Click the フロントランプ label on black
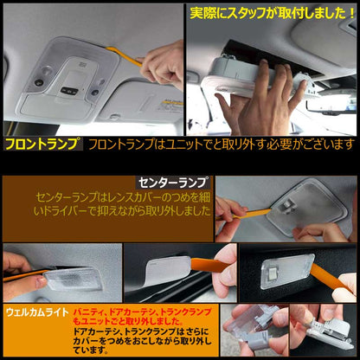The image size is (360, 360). [x=42, y=144]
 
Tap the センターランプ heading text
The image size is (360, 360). [x=173, y=183]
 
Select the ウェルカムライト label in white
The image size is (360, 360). [x=37, y=312]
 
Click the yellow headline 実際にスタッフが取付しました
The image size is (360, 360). [x=272, y=13]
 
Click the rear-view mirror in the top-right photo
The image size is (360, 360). [x=331, y=106]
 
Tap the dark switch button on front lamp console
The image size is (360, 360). [x=69, y=92]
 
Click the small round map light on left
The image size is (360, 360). [x=39, y=82]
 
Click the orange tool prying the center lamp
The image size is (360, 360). [x=245, y=214]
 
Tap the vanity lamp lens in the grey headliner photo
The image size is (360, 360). [x=73, y=278]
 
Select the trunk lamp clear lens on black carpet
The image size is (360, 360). [x=287, y=271]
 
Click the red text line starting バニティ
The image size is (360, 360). [x=142, y=312]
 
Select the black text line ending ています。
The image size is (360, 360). [x=91, y=350]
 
